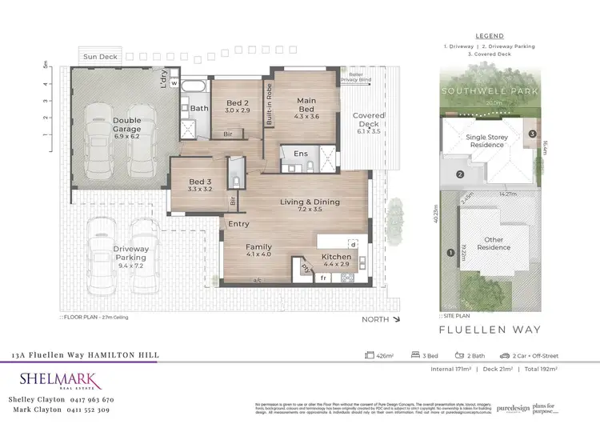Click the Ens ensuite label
301,154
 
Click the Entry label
238,224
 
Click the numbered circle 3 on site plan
532,133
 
